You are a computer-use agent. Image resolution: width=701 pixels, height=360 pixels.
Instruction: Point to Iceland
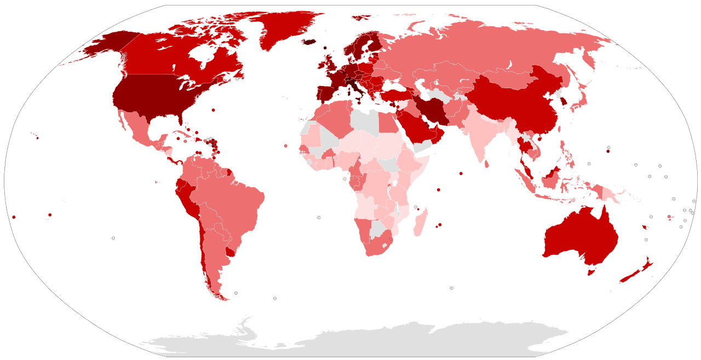[x=310, y=42]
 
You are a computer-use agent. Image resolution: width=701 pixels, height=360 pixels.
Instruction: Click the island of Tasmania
[x=591, y=272]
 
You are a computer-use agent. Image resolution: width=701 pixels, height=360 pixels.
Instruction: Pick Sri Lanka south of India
[x=486, y=163]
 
